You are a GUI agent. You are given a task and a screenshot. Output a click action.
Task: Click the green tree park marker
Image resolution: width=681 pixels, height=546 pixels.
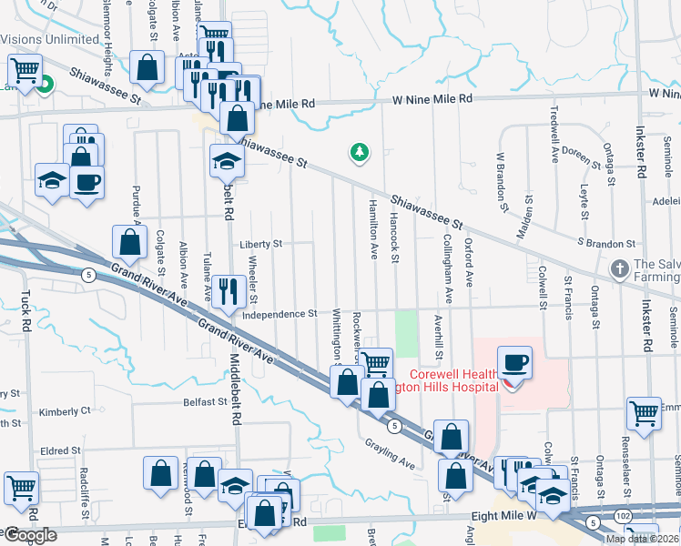[361, 153]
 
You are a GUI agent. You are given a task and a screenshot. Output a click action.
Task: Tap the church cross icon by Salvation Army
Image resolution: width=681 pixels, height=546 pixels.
[619, 269]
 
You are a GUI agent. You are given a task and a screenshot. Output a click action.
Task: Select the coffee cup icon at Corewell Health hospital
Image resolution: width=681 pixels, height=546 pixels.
[513, 361]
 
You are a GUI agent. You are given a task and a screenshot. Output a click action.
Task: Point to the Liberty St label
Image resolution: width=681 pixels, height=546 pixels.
[261, 244]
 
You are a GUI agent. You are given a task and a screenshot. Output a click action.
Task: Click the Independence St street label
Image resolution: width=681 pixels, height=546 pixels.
[279, 314]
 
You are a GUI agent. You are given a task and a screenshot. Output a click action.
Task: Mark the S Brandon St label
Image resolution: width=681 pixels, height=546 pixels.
[606, 244]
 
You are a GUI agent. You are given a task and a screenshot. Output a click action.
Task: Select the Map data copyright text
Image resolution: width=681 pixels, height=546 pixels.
[642, 539]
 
